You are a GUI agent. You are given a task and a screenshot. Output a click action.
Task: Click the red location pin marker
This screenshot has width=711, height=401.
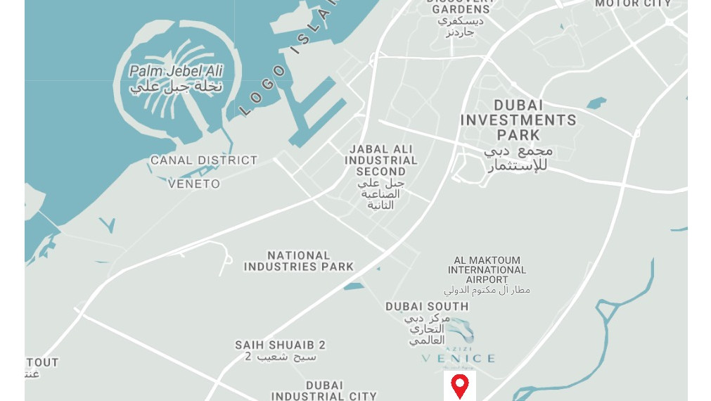(x=459, y=386)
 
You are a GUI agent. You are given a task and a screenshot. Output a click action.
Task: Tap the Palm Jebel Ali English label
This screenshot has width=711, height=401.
(x=176, y=71)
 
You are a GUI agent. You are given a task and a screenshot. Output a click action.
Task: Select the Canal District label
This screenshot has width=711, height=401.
(x=204, y=160)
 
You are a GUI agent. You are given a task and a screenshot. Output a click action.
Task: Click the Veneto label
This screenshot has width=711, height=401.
(x=194, y=184)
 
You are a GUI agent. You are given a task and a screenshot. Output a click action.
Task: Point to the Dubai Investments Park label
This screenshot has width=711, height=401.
(x=518, y=120)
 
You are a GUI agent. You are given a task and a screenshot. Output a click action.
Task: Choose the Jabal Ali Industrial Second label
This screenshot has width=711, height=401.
(x=380, y=160)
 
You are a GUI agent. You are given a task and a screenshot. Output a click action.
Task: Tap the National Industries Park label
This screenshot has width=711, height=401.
(x=299, y=261)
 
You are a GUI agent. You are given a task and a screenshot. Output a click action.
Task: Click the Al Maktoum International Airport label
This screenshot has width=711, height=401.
(x=487, y=269)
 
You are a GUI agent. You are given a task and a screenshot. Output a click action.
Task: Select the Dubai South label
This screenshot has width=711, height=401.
(x=427, y=307)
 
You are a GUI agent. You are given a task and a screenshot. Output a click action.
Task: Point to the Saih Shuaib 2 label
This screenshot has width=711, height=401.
(x=280, y=345)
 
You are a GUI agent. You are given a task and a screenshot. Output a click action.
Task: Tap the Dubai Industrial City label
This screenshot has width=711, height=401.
(x=324, y=391)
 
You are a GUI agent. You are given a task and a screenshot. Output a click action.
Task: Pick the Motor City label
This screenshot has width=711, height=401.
(x=633, y=4)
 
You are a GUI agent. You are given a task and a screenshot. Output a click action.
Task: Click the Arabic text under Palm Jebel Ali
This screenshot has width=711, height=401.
(x=176, y=87)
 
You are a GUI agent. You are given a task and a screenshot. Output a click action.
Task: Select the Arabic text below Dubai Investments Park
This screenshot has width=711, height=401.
(x=518, y=158)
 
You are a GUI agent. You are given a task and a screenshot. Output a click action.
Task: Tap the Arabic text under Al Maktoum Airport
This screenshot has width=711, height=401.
(x=487, y=290)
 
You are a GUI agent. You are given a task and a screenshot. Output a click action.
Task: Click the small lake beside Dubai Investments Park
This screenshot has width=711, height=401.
(x=596, y=103)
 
